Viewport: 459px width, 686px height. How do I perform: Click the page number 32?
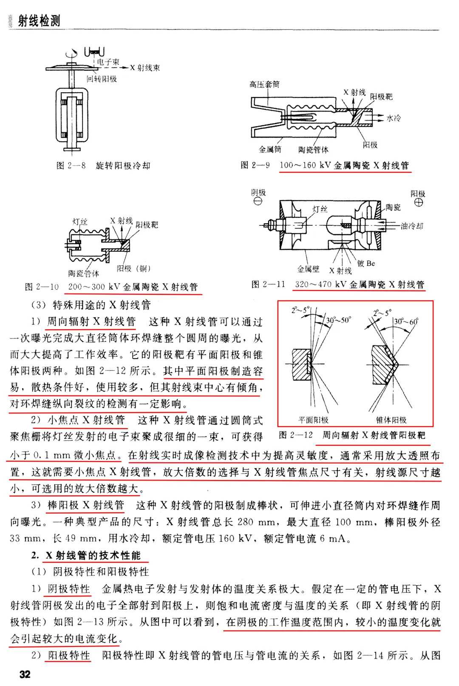(25, 674)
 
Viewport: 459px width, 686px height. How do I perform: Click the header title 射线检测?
(39, 21)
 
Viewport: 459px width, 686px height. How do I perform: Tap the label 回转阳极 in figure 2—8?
(102, 79)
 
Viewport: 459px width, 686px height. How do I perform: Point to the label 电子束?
(108, 62)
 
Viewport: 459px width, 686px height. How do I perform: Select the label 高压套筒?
(265, 84)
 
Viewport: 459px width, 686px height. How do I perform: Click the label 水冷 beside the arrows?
(394, 118)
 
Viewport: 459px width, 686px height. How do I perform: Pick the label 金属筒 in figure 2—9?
(270, 149)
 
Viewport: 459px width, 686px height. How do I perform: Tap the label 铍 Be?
(366, 263)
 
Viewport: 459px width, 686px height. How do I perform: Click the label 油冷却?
(412, 226)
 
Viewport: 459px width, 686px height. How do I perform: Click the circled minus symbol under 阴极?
(258, 201)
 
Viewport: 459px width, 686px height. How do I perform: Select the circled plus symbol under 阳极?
(419, 202)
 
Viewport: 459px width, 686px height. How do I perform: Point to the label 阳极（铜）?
(134, 269)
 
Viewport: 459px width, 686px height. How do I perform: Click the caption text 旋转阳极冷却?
(123, 166)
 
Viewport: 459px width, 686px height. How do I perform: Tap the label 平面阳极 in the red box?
(313, 420)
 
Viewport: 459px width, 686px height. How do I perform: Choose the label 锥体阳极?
(391, 420)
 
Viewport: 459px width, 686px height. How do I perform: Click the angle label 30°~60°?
(406, 322)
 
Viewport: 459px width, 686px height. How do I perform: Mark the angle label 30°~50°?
(339, 320)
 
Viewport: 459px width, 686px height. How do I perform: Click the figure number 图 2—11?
(268, 284)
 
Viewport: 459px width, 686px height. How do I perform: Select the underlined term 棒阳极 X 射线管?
(86, 505)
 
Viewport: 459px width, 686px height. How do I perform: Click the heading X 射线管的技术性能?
(93, 555)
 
